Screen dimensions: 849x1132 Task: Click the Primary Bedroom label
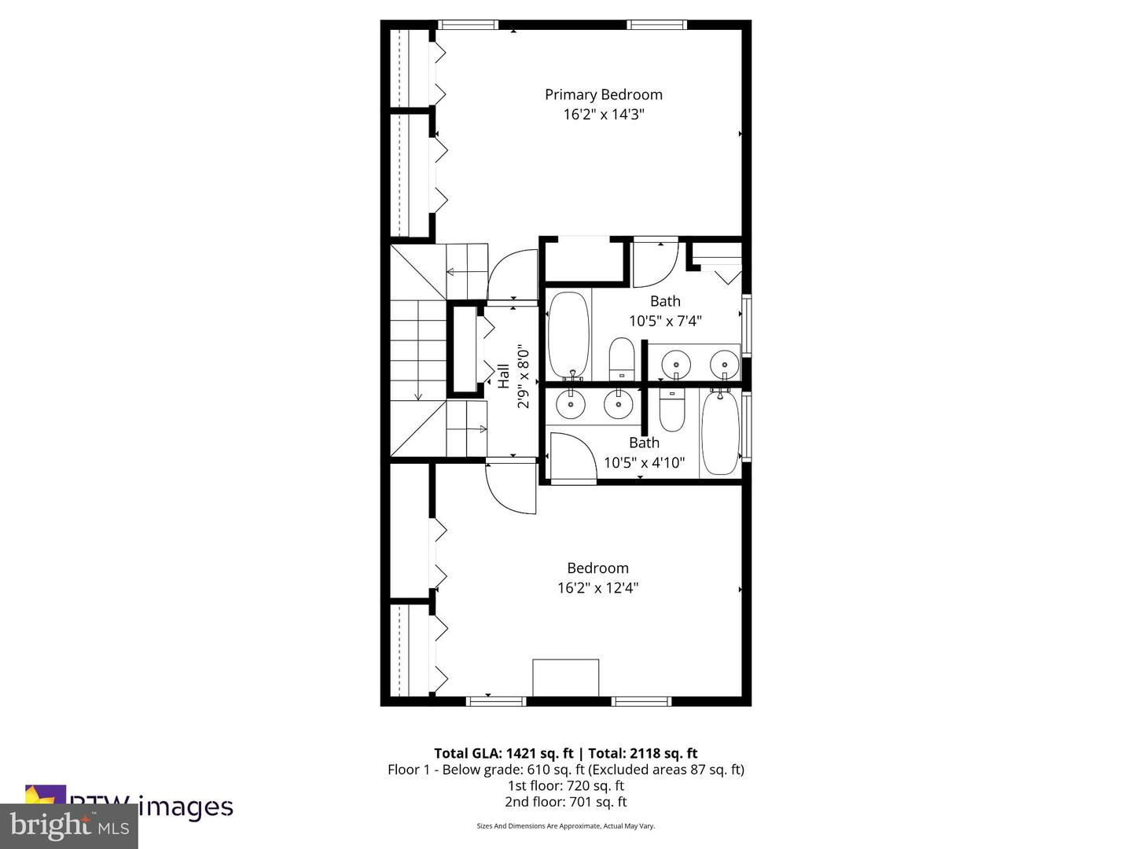(603, 94)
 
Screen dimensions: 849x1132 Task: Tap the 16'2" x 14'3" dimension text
(603, 115)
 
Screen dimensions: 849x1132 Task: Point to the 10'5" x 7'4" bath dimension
(665, 321)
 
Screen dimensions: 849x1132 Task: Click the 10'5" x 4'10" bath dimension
(644, 463)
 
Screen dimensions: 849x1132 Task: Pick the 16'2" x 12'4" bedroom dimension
(597, 588)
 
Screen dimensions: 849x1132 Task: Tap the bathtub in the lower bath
(719, 432)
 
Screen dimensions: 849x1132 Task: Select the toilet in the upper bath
(621, 358)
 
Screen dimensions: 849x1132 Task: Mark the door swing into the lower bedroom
(509, 490)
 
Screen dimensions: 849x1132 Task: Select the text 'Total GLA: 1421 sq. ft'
(503, 753)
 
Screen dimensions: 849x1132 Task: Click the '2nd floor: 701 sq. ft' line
(565, 802)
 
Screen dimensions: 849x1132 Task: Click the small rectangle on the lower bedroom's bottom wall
(565, 678)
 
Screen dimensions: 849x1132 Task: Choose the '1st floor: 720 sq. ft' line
(565, 785)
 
